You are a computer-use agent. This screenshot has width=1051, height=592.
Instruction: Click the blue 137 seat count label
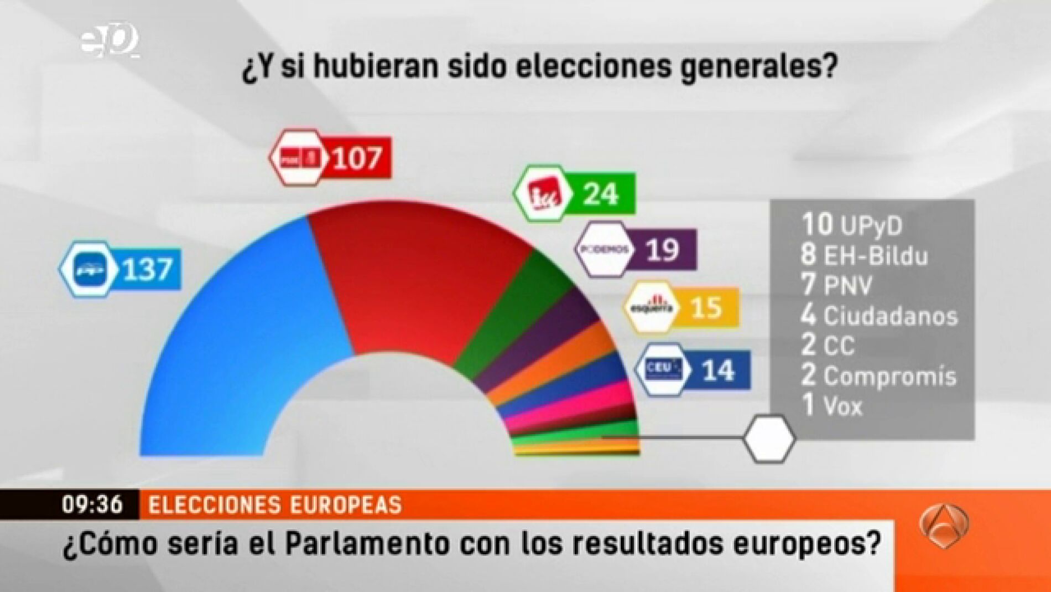(147, 270)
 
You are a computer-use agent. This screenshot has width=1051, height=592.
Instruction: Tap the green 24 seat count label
(601, 194)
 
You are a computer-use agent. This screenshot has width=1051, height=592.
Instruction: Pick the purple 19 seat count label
(662, 250)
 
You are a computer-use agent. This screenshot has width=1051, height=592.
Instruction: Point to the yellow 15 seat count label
(706, 307)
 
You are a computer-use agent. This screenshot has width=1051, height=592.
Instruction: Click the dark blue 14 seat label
(718, 370)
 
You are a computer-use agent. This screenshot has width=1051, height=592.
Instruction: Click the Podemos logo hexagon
(603, 249)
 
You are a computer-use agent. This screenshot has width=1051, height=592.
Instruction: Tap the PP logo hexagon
(89, 270)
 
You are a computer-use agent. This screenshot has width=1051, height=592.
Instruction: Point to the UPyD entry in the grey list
(852, 225)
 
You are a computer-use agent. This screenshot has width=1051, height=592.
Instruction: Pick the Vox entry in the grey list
(833, 406)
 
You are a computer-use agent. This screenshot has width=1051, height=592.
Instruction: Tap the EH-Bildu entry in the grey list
(864, 255)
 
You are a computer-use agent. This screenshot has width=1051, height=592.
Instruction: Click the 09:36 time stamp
(92, 505)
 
